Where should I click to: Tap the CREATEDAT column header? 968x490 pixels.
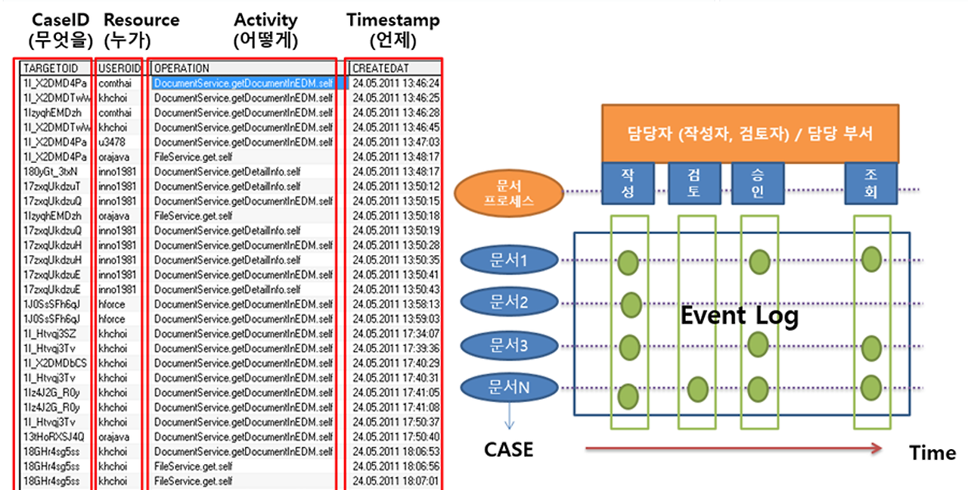point(393,68)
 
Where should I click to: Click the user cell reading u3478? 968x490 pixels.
point(113,142)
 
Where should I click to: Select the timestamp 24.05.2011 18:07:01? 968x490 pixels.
point(396,481)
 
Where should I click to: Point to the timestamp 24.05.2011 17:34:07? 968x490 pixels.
point(396,333)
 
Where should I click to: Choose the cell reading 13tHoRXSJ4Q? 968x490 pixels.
point(54,437)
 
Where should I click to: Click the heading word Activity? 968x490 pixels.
point(265,20)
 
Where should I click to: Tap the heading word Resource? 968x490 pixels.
point(141,20)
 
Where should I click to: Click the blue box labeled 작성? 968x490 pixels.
point(628,183)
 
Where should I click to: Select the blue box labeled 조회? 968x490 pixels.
point(870,183)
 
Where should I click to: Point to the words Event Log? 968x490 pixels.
point(739,315)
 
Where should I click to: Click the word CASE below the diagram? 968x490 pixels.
point(508,450)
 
